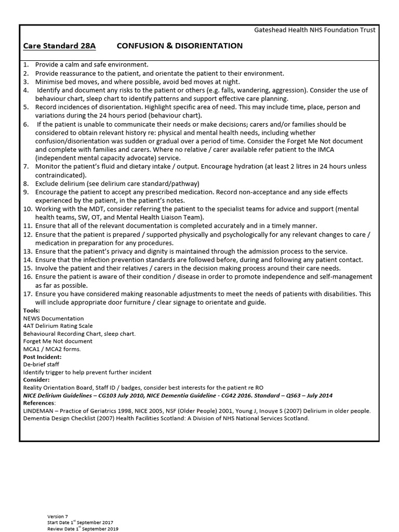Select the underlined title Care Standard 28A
(59, 46)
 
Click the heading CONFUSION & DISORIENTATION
(180, 46)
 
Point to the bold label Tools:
(31, 311)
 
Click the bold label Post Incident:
(43, 357)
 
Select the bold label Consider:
(36, 380)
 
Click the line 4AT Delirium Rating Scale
(58, 326)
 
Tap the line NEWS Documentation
(54, 318)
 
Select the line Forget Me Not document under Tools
(58, 341)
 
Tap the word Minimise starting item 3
(50, 82)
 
